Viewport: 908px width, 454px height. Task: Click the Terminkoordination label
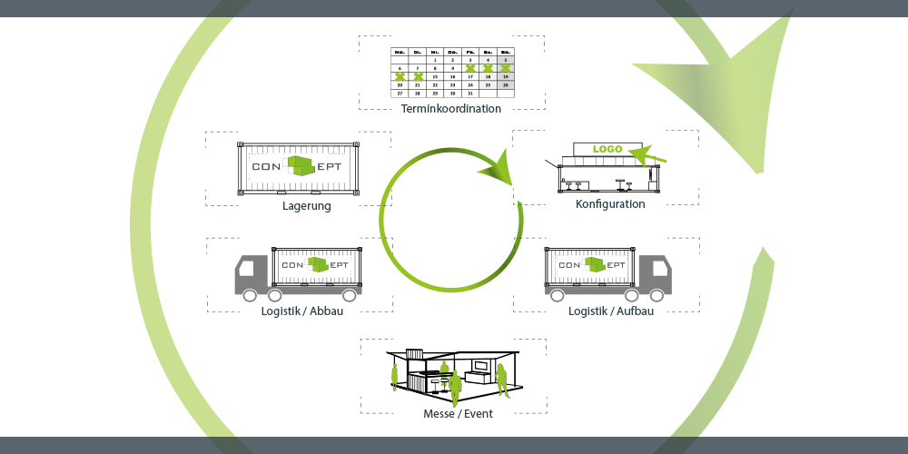click(451, 109)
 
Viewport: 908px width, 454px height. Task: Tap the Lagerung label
click(306, 206)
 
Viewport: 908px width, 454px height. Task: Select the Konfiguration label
click(610, 204)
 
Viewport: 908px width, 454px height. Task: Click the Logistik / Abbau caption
click(295, 311)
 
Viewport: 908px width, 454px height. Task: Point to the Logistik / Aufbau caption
click(610, 311)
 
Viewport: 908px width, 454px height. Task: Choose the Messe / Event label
click(458, 414)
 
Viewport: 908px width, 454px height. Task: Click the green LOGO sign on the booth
click(607, 149)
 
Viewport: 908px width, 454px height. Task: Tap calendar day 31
click(470, 93)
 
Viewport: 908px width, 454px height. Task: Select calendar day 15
click(435, 76)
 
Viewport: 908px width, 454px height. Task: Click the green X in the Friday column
click(470, 68)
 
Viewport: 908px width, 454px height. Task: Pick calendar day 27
click(400, 93)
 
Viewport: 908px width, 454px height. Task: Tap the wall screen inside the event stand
click(479, 367)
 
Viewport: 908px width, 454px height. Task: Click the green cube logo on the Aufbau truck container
click(595, 264)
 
